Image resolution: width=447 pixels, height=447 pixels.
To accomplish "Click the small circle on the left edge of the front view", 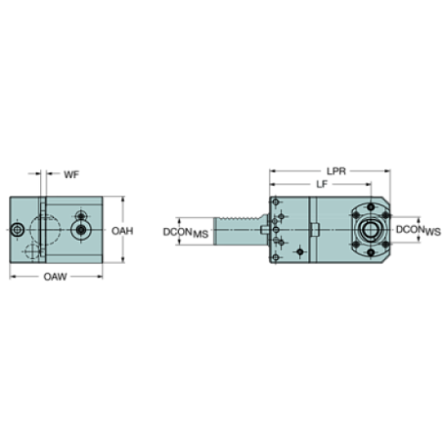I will pyautogui.click(x=18, y=232).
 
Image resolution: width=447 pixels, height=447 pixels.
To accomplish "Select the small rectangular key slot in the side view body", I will pyautogui.click(x=311, y=229).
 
